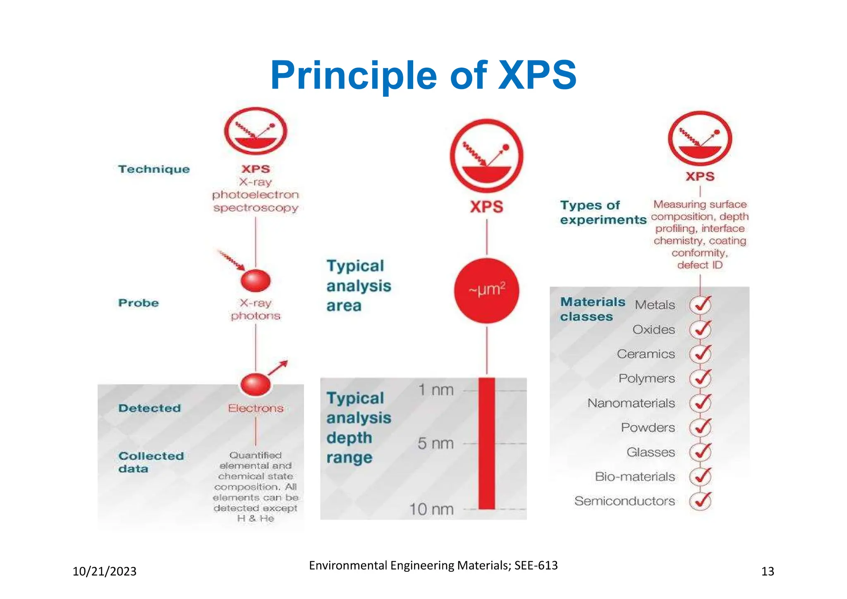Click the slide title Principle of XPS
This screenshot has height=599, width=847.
(423, 75)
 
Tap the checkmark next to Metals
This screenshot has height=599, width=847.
(700, 305)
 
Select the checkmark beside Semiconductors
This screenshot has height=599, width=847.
(700, 501)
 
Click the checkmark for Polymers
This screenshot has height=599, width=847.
(700, 379)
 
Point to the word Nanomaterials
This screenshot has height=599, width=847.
(631, 403)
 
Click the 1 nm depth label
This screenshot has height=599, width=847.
(435, 390)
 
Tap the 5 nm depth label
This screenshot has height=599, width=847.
(435, 444)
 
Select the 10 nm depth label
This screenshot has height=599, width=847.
(431, 509)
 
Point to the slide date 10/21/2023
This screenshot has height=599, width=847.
(105, 571)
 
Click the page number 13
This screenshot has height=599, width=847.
(768, 571)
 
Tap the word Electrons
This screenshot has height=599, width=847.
(256, 409)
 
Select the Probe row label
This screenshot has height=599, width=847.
(139, 303)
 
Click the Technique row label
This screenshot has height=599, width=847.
(154, 169)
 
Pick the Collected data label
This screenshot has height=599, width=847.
(151, 462)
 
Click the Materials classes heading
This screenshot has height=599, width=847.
(592, 309)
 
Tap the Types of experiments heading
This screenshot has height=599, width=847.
(603, 212)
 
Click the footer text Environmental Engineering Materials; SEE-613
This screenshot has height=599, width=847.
(433, 565)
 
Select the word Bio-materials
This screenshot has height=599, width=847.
(635, 477)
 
